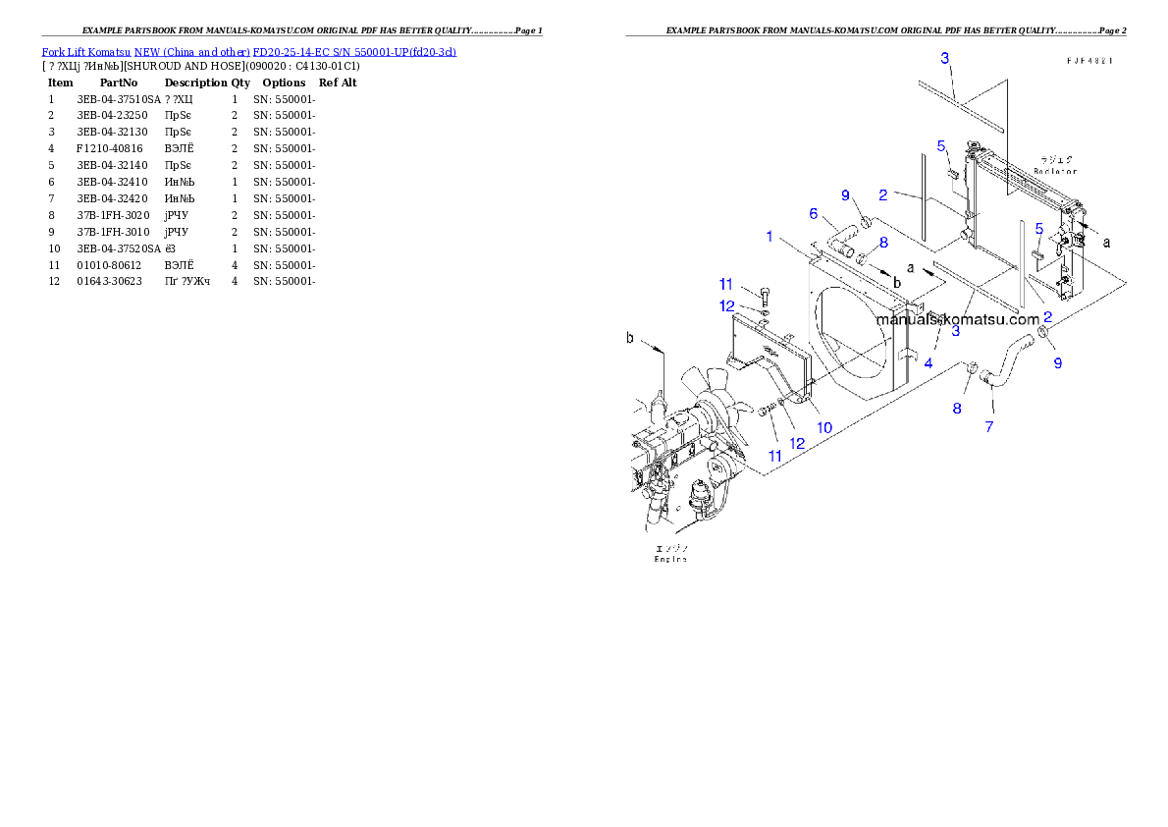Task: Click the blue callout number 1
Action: point(770,236)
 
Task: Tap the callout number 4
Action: point(928,362)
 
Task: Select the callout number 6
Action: point(813,213)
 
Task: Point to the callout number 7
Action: point(989,426)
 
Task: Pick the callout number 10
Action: point(824,427)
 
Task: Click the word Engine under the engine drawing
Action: point(671,559)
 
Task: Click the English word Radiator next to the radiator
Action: point(1054,171)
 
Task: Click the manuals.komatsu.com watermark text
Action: point(957,319)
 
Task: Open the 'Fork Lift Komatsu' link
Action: point(86,52)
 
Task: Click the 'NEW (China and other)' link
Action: point(191,52)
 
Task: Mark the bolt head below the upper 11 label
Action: point(765,294)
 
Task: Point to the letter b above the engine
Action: point(630,339)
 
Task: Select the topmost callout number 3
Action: point(944,58)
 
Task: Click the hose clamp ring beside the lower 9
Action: point(1042,341)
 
